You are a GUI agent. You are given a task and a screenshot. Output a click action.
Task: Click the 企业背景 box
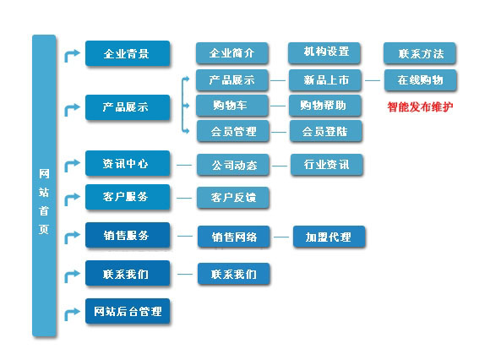(128, 53)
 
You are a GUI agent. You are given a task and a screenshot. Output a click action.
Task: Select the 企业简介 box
(231, 53)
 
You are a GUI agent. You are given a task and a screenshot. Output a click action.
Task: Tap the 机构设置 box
(324, 52)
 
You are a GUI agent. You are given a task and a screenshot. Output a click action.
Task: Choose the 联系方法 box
(419, 53)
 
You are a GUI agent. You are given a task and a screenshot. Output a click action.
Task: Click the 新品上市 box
(325, 80)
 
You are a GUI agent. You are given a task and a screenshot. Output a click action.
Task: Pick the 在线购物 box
(421, 80)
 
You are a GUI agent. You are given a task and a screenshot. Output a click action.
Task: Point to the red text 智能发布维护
(420, 106)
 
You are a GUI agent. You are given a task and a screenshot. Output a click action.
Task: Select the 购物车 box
(231, 106)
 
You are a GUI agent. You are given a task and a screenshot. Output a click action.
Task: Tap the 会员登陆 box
(325, 131)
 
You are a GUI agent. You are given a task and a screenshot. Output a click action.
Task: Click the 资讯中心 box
(128, 163)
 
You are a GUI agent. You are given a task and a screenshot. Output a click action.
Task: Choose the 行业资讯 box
(327, 165)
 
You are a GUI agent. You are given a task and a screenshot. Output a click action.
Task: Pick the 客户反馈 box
(233, 198)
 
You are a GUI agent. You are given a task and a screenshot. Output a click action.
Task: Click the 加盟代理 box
(329, 237)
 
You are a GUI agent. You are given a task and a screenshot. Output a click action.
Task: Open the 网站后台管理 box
(128, 311)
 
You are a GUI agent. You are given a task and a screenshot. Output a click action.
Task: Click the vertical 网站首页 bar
(44, 186)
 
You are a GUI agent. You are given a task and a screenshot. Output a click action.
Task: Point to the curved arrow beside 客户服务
(71, 199)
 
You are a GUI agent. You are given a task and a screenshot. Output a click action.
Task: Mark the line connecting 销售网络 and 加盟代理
(281, 237)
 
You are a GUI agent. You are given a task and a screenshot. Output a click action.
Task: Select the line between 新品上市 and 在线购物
(373, 80)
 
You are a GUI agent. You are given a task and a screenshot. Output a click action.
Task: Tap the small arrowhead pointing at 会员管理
(187, 131)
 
